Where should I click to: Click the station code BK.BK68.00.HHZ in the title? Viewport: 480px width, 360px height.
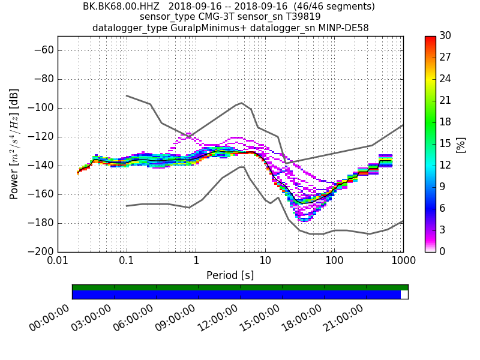click(x=122, y=7)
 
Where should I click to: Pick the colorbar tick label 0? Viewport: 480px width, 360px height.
click(x=443, y=251)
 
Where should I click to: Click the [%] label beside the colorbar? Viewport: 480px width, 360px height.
click(x=461, y=144)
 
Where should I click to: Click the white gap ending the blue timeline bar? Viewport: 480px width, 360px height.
click(x=404, y=295)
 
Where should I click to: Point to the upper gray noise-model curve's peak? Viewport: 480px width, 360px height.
click(x=241, y=103)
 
